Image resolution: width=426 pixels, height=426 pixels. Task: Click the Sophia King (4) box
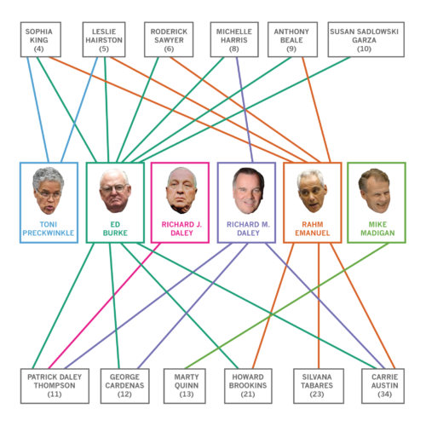point(41,39)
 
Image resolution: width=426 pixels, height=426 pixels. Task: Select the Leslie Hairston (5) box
point(104,39)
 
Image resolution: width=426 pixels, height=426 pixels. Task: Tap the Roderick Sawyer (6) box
point(169,39)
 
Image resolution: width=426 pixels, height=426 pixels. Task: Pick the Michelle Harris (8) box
point(234,39)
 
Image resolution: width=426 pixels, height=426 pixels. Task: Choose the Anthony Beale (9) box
point(292,39)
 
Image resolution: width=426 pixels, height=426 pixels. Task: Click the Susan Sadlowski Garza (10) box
point(366,39)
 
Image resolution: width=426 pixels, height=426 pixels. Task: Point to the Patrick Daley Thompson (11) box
point(55,386)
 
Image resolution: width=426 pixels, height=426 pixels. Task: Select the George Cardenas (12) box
point(124,386)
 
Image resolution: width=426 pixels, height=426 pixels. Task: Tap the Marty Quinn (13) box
point(185,386)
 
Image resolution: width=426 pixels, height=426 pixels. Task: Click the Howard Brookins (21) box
point(248,386)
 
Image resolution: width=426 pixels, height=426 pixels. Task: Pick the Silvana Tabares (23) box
point(319,386)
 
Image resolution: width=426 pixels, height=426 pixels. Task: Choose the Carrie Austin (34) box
point(383,386)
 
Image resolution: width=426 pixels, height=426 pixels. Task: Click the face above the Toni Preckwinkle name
point(49,191)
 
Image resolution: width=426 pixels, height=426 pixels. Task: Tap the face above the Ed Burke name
point(115,191)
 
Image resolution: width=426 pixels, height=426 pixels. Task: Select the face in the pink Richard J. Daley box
point(181,191)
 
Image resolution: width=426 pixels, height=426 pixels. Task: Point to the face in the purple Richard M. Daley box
point(248,191)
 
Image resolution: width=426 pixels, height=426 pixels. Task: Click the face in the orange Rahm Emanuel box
point(312,191)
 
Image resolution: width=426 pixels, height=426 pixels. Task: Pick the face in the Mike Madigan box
point(375,191)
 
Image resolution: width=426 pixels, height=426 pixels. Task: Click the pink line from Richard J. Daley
point(104,306)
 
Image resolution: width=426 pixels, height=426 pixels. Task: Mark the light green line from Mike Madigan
point(287,306)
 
